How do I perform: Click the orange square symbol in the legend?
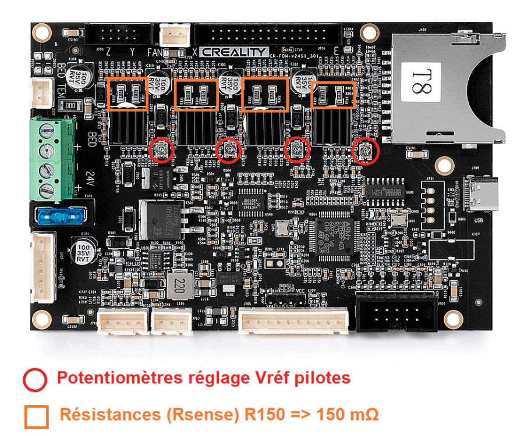(36, 416)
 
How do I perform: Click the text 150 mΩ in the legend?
(348, 415)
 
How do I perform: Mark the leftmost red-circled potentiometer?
(161, 151)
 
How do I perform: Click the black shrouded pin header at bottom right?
(397, 313)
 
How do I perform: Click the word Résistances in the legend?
(102, 415)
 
